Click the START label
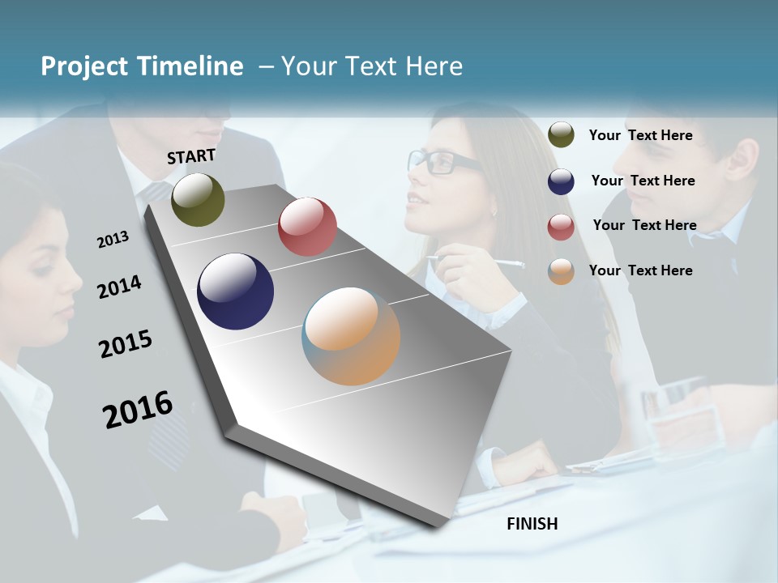191,156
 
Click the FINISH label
532,524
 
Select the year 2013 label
113,240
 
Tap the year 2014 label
119,287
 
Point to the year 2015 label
126,344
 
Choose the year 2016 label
138,409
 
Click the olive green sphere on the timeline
198,199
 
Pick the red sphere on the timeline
307,227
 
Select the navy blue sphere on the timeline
235,291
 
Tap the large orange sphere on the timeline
351,336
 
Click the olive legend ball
561,134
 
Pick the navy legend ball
561,181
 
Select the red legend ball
561,227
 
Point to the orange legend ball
561,271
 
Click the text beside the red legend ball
644,225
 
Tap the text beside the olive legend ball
640,135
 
